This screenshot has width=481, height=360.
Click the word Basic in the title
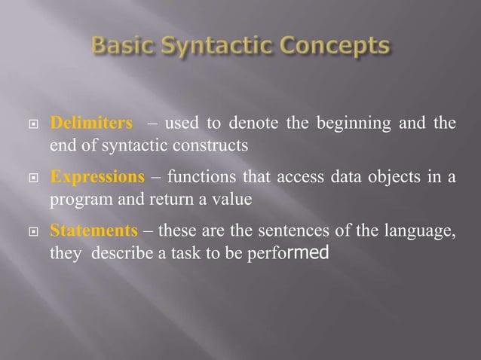coord(121,47)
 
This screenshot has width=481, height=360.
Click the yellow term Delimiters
coord(91,124)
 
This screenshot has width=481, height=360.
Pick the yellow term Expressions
coord(97,178)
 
